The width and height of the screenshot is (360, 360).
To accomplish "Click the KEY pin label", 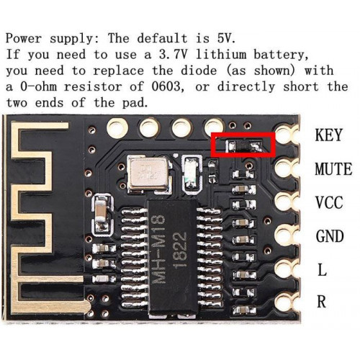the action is coord(328,135).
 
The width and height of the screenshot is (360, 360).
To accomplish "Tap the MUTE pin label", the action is coord(333,168).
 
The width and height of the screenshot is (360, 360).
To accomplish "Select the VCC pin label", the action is coord(329,202).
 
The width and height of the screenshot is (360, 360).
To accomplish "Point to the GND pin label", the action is coord(330,236).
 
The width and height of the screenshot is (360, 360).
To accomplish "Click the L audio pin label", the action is coord(322,270).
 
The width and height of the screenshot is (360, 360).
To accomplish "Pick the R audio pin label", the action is coord(322,302).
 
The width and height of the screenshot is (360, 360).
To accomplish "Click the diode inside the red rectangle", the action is coord(243,145).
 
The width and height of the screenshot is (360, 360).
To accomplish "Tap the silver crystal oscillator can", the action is coord(148,172).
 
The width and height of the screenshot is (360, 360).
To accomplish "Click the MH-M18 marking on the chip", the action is coord(159,250).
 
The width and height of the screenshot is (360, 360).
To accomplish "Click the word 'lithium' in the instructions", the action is coord(221,55).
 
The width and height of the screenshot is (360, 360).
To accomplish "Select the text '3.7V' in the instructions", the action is coord(173,55).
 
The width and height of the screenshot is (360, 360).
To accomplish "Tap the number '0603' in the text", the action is coord(166,86).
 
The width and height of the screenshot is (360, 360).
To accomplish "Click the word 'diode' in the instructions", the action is coord(199,71).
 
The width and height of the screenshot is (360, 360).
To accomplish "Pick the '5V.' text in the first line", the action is coord(227,38).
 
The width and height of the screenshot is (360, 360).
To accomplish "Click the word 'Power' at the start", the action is coord(24,38).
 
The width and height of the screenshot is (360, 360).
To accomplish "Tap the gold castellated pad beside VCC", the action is coord(287,201).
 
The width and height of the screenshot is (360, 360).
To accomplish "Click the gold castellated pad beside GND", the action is coord(287,235).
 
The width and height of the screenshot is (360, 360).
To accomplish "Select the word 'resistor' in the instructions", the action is coord(93,86).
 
